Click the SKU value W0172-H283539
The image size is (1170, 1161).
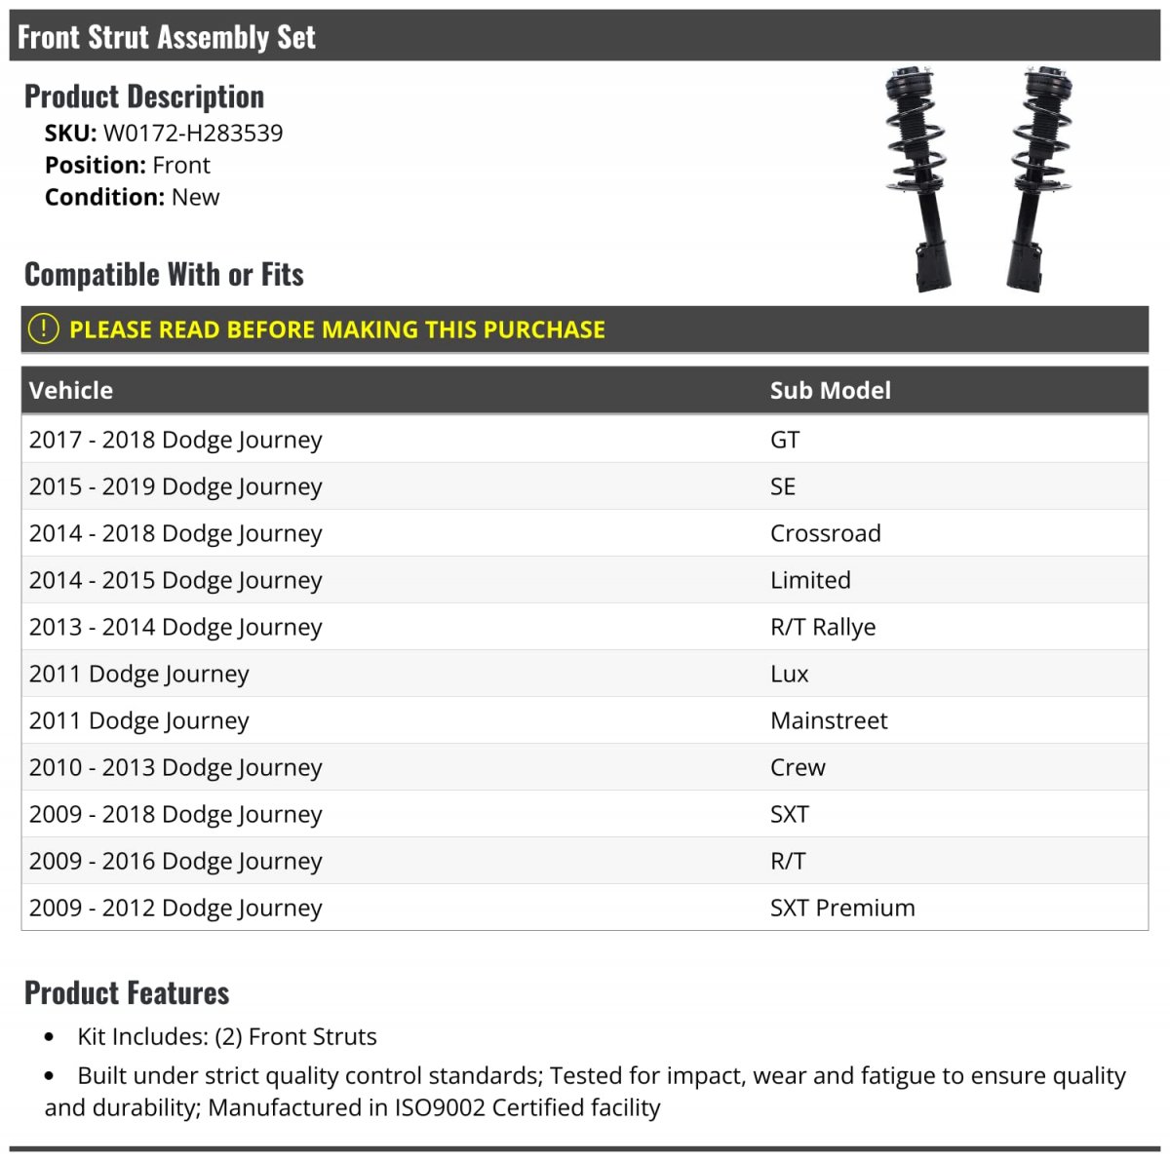(x=193, y=134)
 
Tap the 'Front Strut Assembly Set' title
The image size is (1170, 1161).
(x=167, y=37)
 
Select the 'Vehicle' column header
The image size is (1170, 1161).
(x=71, y=391)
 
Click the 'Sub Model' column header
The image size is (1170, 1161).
(x=830, y=391)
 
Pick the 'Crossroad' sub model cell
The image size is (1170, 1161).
(x=825, y=533)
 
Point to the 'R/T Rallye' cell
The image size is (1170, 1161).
(x=822, y=627)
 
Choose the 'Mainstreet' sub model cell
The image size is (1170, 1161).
(x=828, y=720)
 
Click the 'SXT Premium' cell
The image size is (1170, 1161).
(x=841, y=908)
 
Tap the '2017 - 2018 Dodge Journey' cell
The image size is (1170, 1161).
(x=175, y=440)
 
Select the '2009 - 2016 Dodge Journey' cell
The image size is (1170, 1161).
(x=175, y=861)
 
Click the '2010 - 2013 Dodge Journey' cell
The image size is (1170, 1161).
(x=175, y=767)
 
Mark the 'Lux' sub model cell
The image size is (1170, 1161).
(x=789, y=674)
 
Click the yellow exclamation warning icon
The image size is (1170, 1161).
(x=43, y=329)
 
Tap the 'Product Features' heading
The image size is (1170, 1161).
(x=127, y=992)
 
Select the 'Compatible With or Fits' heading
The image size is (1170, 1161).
(x=164, y=275)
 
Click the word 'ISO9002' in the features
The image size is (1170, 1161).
(x=440, y=1108)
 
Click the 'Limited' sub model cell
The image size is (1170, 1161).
(x=809, y=580)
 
